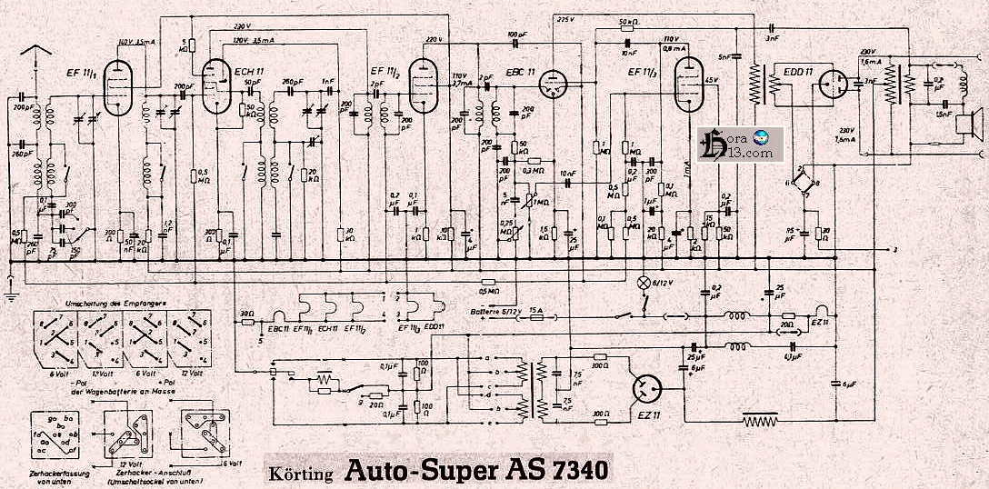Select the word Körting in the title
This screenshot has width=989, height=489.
click(301, 474)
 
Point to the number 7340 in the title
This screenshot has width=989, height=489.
click(573, 472)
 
